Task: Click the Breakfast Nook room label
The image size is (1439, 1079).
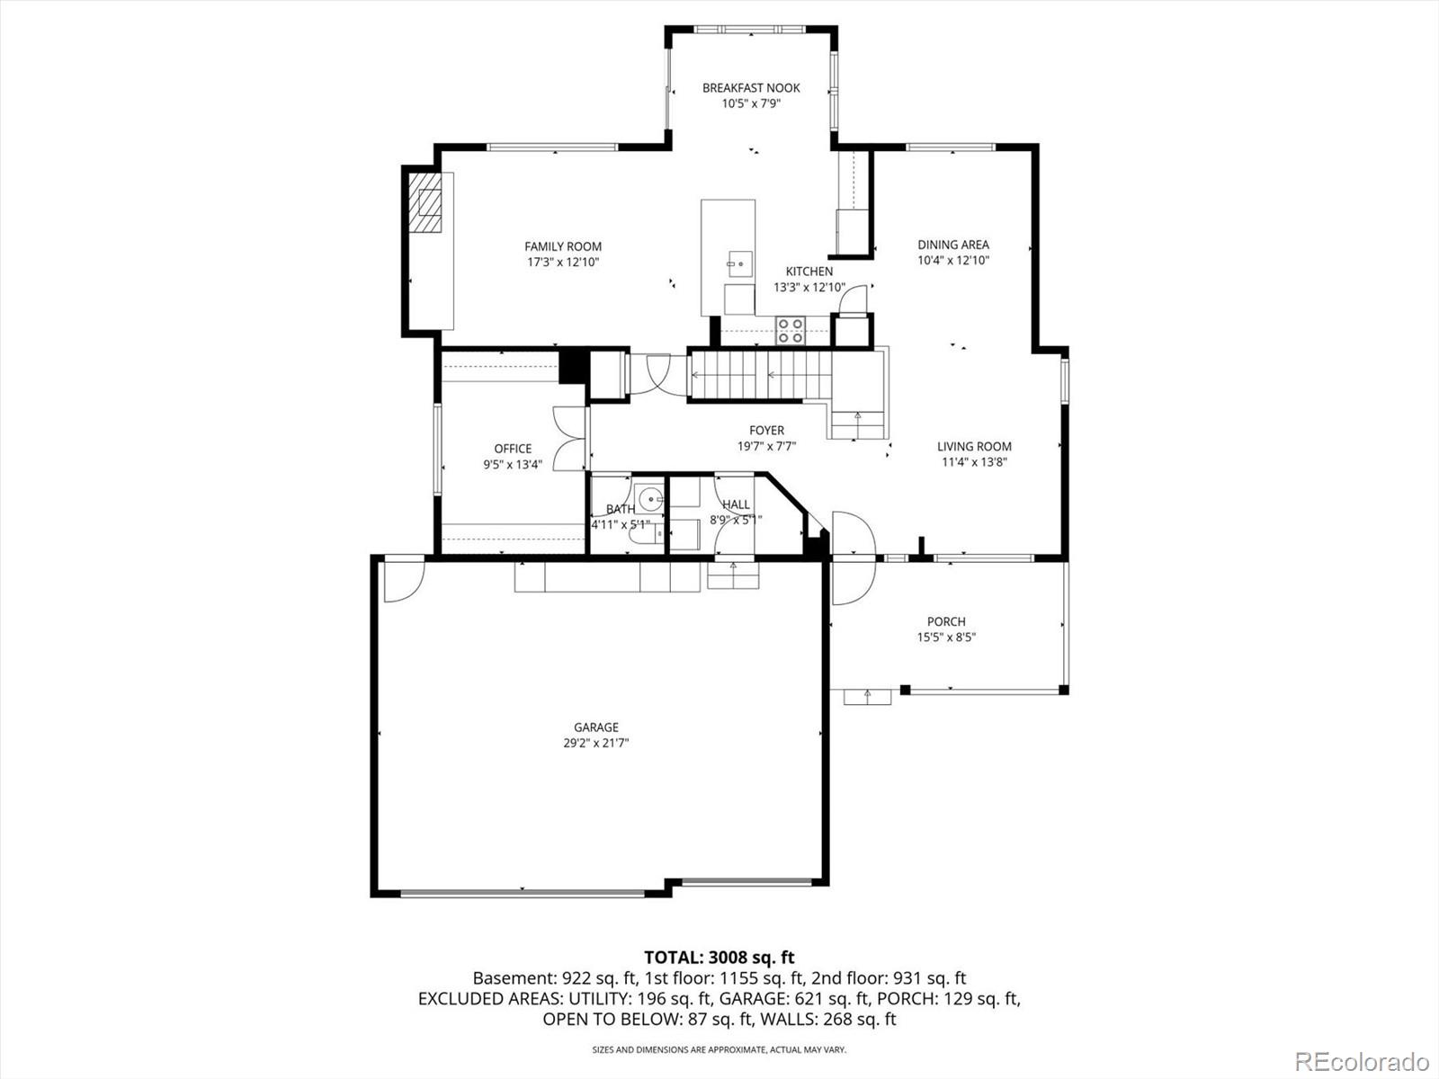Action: point(751,88)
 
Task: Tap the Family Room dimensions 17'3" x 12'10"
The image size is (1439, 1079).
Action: point(563,263)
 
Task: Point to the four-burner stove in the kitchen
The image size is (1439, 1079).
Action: point(791,331)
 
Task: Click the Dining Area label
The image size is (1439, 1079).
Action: point(953,245)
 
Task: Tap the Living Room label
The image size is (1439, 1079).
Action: point(974,446)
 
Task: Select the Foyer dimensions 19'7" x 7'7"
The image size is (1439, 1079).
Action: point(766,446)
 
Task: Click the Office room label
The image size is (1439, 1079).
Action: point(513,449)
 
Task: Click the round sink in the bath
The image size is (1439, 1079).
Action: point(649,497)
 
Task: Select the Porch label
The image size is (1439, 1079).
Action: point(946,621)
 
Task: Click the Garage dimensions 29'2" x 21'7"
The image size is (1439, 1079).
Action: point(596,744)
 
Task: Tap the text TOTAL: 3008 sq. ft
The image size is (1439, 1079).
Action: point(719,958)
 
